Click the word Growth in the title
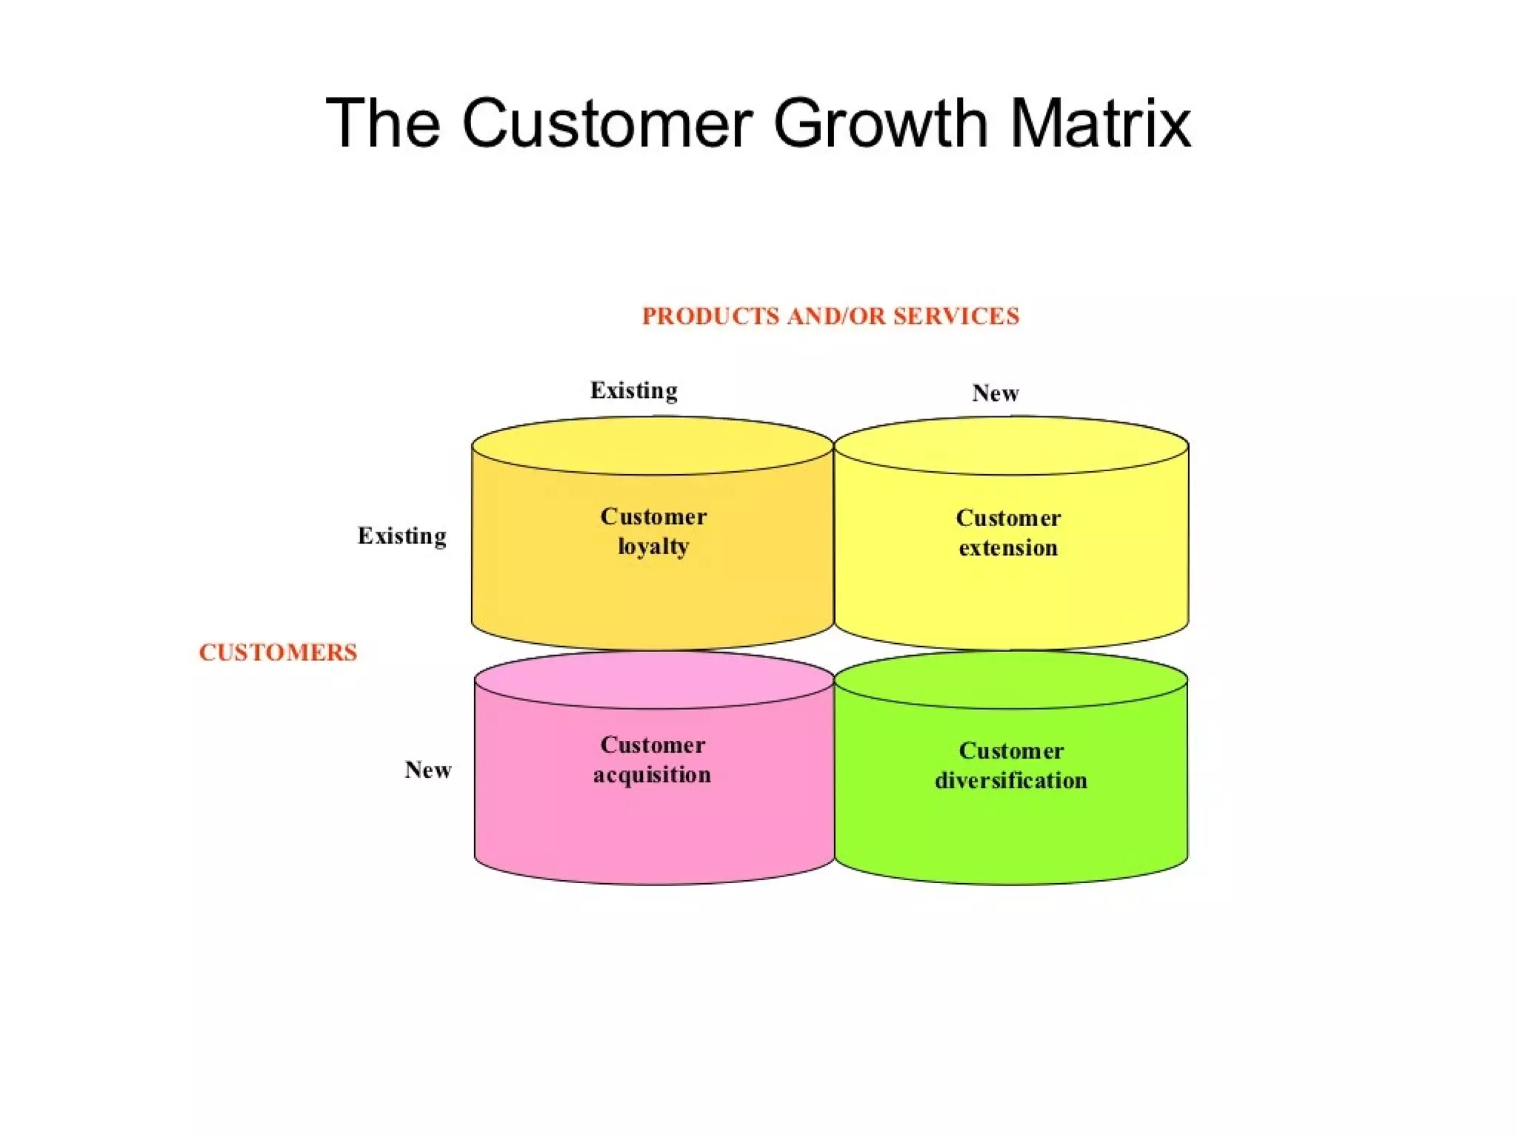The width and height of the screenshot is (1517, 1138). tap(881, 123)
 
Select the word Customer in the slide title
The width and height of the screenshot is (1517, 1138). tap(607, 123)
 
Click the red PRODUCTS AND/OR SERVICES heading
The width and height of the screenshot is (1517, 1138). tap(830, 316)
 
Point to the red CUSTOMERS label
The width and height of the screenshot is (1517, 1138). tap(278, 653)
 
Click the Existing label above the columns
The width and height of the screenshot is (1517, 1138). tap(634, 390)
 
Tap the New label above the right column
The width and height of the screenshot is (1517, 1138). tap(996, 393)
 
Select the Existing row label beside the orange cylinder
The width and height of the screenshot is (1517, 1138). tap(402, 536)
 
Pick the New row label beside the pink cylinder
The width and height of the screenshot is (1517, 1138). tap(428, 770)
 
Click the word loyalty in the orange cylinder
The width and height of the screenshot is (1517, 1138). tap(653, 547)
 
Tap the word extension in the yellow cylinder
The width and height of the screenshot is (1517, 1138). tap(1008, 548)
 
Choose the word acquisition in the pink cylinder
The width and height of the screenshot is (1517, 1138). tap(652, 775)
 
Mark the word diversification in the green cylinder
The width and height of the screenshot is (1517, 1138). tap(1011, 781)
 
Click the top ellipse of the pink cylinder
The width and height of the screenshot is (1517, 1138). tap(653, 680)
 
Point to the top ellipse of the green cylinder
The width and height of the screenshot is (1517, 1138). tap(1011, 680)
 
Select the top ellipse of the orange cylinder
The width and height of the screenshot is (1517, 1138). tap(653, 445)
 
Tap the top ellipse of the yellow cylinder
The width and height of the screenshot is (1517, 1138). tap(1011, 445)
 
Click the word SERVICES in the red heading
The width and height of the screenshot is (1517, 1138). tap(956, 316)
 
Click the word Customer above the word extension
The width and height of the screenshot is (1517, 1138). tap(1008, 518)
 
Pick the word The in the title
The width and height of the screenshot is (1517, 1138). tap(383, 123)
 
